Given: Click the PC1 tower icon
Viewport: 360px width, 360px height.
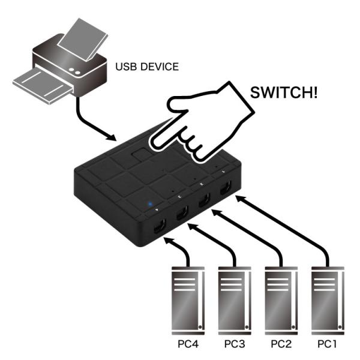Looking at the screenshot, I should (x=328, y=300).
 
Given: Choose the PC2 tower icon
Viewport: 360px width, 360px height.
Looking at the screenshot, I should (x=281, y=300).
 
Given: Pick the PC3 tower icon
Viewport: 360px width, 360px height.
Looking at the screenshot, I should (x=235, y=300).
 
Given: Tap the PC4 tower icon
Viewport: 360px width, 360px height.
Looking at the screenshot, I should (x=188, y=300).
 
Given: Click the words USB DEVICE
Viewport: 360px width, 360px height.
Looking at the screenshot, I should (x=146, y=67).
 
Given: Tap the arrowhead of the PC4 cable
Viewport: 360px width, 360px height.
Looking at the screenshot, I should (x=167, y=241).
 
